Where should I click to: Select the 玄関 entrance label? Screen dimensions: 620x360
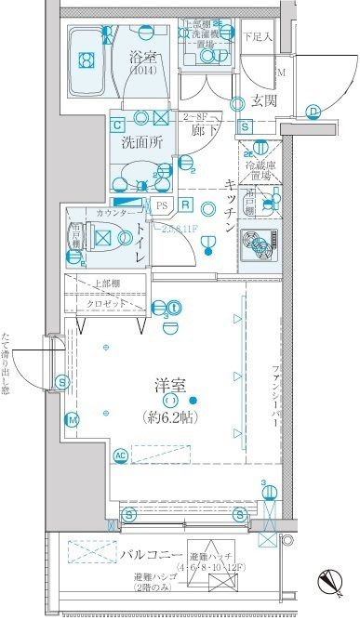260,100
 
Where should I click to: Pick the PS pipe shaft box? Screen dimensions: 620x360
162,205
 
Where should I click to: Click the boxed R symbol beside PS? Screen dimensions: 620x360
185,205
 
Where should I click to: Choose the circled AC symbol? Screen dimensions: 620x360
120,455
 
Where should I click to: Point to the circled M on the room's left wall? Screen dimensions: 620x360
72,420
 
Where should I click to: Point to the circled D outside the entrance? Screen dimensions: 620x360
314,112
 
